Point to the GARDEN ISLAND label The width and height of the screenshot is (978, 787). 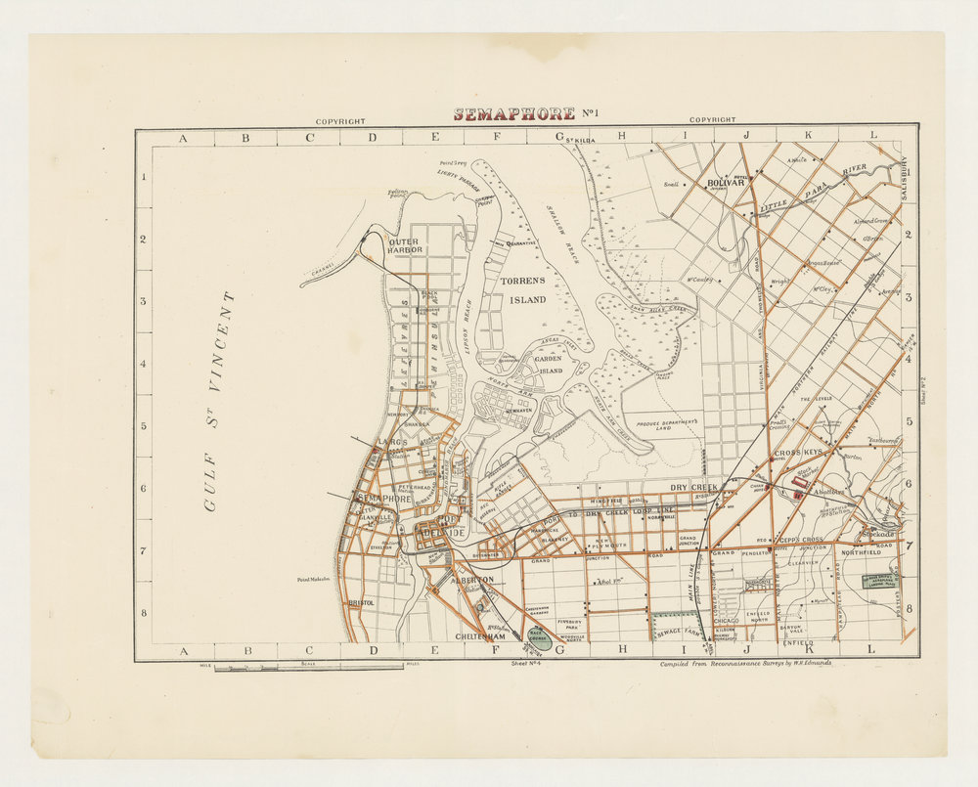pyautogui.click(x=547, y=365)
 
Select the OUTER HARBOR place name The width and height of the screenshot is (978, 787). pyautogui.click(x=405, y=245)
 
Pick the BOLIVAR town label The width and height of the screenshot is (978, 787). pyautogui.click(x=726, y=183)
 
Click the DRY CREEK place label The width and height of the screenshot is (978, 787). pyautogui.click(x=693, y=487)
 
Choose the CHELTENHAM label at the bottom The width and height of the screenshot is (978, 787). pyautogui.click(x=479, y=635)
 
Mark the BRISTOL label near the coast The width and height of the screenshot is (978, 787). pyautogui.click(x=361, y=604)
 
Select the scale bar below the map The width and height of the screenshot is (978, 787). pyautogui.click(x=308, y=668)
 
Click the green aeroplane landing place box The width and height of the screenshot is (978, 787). pyautogui.click(x=879, y=581)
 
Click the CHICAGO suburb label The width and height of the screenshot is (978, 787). pyautogui.click(x=755, y=620)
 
